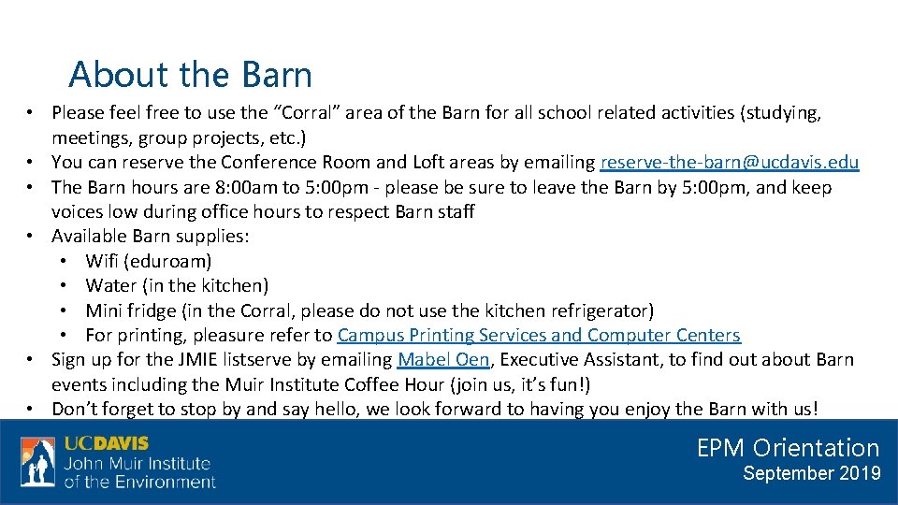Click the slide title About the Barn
coord(191,75)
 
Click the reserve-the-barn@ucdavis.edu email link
coord(729,163)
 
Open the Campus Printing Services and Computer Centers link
coord(539,335)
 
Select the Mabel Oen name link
coord(442,359)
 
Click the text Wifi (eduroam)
coord(148,261)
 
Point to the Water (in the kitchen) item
coord(176,285)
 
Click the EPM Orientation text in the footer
coord(788,448)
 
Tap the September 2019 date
coord(811,474)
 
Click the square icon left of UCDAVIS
coord(38,462)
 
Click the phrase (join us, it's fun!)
coord(520,384)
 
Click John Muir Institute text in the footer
coord(137,464)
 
